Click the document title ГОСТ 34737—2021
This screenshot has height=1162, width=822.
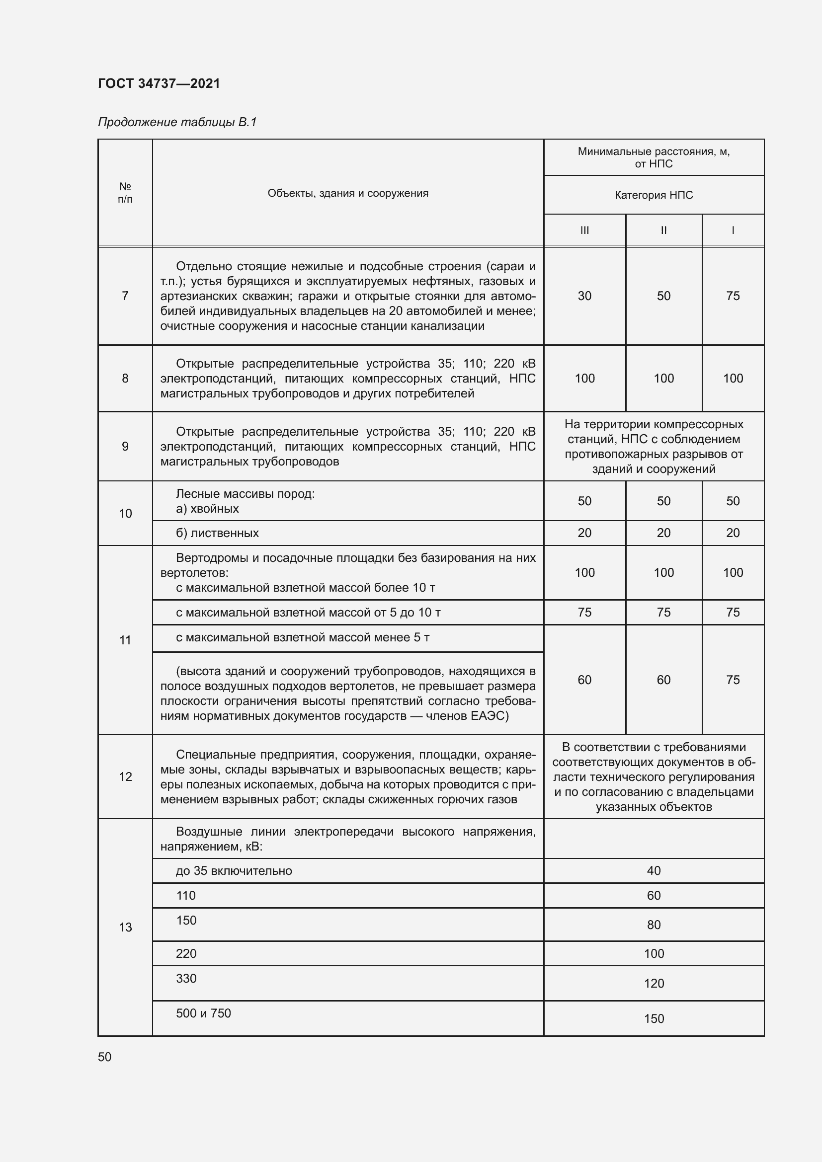(x=159, y=83)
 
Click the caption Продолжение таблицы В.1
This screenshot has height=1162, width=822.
(x=177, y=122)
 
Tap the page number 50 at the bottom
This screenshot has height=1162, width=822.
(x=105, y=1057)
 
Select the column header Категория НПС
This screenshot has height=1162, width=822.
(x=654, y=195)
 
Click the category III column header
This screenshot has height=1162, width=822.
(x=584, y=231)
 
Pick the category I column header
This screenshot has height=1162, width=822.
(x=733, y=231)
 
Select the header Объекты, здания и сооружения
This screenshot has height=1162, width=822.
(x=348, y=193)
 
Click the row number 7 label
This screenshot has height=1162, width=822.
(x=125, y=296)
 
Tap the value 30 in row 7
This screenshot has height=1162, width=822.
(x=584, y=296)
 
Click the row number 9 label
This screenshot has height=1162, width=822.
(x=125, y=447)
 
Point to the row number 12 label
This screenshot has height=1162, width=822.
(x=125, y=777)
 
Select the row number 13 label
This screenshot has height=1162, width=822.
(x=125, y=927)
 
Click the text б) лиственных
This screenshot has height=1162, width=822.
(x=217, y=533)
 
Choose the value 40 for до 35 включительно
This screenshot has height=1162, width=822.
(x=654, y=870)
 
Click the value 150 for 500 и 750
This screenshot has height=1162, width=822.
(x=654, y=1019)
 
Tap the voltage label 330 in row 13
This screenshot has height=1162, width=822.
(x=186, y=978)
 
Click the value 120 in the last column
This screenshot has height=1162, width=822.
(x=654, y=983)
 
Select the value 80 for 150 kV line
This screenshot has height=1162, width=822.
(x=654, y=925)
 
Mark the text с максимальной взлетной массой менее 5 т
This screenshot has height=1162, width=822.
(x=303, y=638)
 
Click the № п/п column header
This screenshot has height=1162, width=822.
(x=125, y=193)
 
